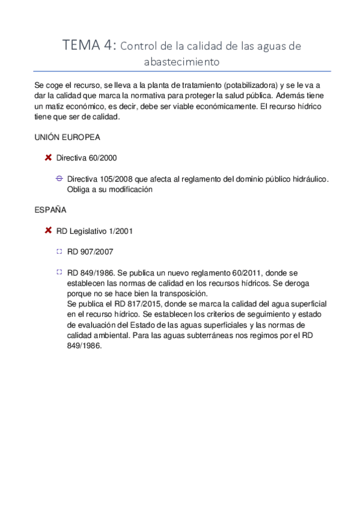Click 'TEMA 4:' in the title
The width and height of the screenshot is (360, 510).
[90, 45]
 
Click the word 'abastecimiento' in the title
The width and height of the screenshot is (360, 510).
[182, 61]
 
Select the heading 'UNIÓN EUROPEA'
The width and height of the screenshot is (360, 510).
[67, 138]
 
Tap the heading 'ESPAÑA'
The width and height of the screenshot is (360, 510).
[50, 210]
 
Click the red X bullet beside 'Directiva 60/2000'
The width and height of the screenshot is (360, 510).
[48, 158]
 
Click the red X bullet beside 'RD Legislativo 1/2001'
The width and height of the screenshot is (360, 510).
[48, 230]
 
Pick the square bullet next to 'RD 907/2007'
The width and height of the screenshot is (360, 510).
[59, 251]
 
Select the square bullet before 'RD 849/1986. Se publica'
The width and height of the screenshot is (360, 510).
[59, 272]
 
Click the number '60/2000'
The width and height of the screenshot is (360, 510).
[102, 158]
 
